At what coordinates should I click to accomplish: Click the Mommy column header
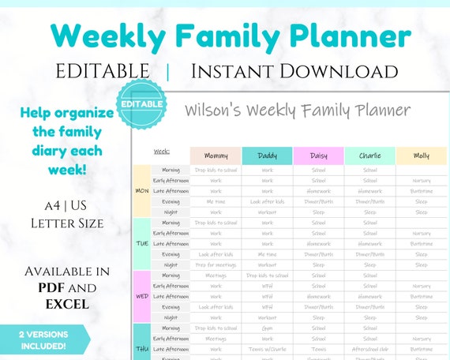[x=216, y=156]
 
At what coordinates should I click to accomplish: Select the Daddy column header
[x=267, y=156]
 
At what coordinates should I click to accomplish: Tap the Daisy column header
[x=318, y=156]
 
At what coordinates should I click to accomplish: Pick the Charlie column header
[x=369, y=156]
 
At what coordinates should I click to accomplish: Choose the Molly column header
[x=422, y=156]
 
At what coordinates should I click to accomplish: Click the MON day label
[x=141, y=191]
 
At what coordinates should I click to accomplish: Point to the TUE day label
[x=141, y=244]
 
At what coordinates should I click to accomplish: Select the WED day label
[x=141, y=296]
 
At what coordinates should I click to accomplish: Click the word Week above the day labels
[x=161, y=150]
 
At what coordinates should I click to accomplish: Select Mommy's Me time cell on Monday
[x=216, y=201]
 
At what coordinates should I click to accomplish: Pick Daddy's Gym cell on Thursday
[x=267, y=328]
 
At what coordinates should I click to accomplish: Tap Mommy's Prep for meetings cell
[x=216, y=264]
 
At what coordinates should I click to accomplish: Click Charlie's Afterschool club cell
[x=369, y=348]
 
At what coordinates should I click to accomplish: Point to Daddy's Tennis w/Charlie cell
[x=267, y=348]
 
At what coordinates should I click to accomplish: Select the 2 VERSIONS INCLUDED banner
[x=43, y=339]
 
